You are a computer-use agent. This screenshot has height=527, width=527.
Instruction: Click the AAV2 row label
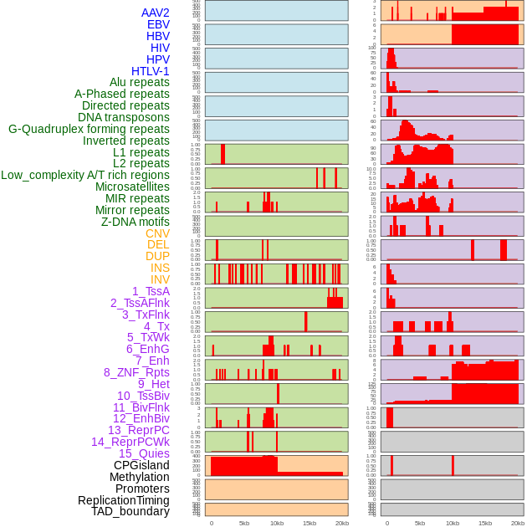tap(156, 13)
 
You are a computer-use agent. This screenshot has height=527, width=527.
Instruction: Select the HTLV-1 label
tap(151, 71)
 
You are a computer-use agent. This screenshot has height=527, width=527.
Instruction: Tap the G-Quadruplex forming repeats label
tap(89, 129)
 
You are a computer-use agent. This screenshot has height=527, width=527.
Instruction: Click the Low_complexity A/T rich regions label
tap(85, 175)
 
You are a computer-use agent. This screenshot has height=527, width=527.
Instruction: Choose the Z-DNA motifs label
tap(136, 222)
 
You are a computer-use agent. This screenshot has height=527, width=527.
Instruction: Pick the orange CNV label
tap(157, 233)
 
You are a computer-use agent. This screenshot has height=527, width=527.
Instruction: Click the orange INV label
tap(160, 279)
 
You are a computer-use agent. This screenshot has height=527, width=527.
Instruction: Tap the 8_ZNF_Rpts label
tap(136, 372)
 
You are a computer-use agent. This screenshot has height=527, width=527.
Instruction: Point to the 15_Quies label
tap(144, 453)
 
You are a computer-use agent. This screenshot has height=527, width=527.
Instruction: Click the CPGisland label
tap(141, 465)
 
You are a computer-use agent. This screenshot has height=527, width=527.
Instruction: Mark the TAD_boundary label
tap(130, 511)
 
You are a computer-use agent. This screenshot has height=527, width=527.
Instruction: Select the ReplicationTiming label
tap(124, 500)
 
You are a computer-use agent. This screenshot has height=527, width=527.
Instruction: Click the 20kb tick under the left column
tap(342, 523)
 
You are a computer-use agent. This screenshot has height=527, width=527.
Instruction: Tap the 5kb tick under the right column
tap(420, 523)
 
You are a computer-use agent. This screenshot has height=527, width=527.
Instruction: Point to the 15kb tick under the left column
tap(310, 523)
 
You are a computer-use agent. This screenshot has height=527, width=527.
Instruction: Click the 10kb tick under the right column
tap(453, 523)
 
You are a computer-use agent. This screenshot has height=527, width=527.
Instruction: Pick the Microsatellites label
tap(132, 187)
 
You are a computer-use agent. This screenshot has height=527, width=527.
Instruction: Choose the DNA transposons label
tap(124, 117)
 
